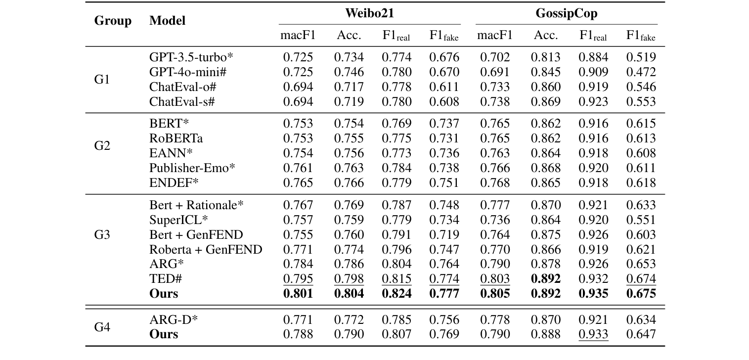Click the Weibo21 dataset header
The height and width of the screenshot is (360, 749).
pos(369,13)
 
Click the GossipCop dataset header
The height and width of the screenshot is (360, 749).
pos(566,13)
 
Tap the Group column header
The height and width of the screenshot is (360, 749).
pos(113,21)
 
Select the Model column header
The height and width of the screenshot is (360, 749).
pos(168,21)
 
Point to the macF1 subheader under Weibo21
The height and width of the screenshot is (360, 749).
pos(298,36)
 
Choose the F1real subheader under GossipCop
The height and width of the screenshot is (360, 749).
pos(593,36)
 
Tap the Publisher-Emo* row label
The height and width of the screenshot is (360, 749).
pos(192,168)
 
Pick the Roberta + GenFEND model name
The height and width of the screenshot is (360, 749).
pos(206,249)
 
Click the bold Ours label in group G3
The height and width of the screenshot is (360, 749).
pos(164,294)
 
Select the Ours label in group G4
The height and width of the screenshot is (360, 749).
pos(164,334)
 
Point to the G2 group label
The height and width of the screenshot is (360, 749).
pos(102,146)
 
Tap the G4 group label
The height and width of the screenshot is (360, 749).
pos(102,327)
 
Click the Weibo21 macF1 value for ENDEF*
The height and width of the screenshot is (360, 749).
pos(298,183)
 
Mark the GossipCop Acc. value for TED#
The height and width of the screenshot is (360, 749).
pos(546,279)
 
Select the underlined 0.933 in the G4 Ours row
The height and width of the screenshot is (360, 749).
pos(593,334)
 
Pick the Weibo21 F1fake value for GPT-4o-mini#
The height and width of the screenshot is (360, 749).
pos(444,72)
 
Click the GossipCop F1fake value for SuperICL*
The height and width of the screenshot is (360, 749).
pos(641,220)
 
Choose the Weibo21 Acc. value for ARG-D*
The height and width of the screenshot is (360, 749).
pos(349,319)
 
